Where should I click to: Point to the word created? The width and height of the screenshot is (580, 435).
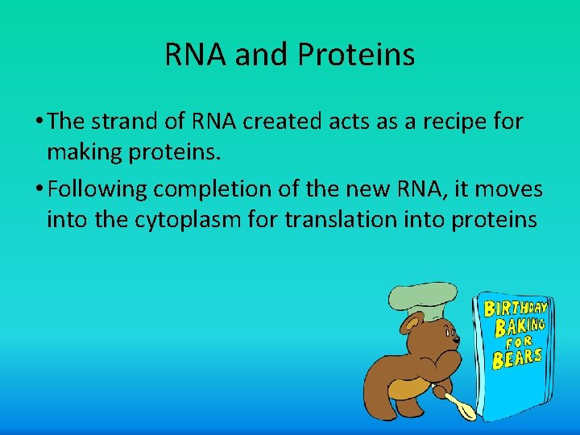pyautogui.click(x=289, y=122)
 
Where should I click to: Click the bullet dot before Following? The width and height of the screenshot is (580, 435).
pyautogui.click(x=39, y=191)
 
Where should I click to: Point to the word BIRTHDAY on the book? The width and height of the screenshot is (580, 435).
pyautogui.click(x=516, y=309)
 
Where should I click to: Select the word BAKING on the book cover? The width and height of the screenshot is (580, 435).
pyautogui.click(x=519, y=326)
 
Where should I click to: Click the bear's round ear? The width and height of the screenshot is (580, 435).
pyautogui.click(x=409, y=325)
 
